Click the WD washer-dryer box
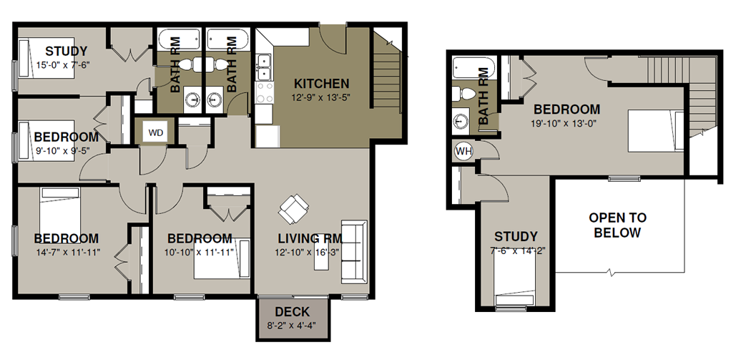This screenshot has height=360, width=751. point(156,133)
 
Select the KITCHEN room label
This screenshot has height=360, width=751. point(321,84)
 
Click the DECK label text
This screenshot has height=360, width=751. point(292,312)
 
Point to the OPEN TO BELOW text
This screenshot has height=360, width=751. point(617,225)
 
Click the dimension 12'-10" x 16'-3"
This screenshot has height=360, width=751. point(307,253)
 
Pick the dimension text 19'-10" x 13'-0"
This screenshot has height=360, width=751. point(564,122)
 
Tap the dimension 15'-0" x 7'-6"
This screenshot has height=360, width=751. point(63,64)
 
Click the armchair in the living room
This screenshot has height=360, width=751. point(293,209)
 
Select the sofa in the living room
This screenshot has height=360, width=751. point(354,252)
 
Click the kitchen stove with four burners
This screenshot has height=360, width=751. point(264,92)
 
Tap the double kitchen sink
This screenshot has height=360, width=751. point(263,67)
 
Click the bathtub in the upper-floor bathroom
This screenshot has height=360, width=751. point(473,69)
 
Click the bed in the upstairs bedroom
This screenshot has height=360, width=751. point(656,130)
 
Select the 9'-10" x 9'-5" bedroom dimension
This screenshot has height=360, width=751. point(63,150)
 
